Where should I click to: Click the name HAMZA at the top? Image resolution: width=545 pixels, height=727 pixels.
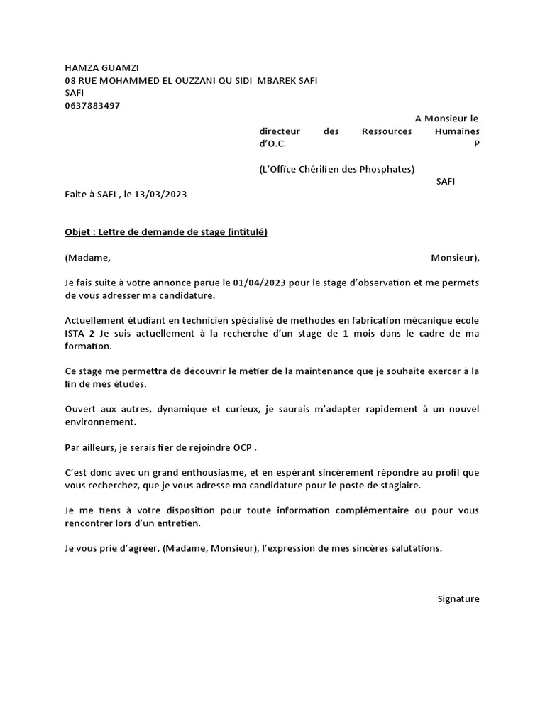(80, 67)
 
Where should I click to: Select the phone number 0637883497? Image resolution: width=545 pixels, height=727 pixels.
(92, 106)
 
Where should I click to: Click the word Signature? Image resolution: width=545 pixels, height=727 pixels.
(458, 598)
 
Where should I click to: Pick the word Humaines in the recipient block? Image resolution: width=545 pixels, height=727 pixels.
(456, 131)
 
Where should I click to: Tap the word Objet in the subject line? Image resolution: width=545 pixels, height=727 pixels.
(77, 232)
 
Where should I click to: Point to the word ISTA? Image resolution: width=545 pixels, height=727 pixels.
(77, 334)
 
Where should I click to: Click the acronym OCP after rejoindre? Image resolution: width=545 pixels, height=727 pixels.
(241, 449)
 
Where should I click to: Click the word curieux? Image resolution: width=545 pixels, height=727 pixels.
(226, 410)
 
